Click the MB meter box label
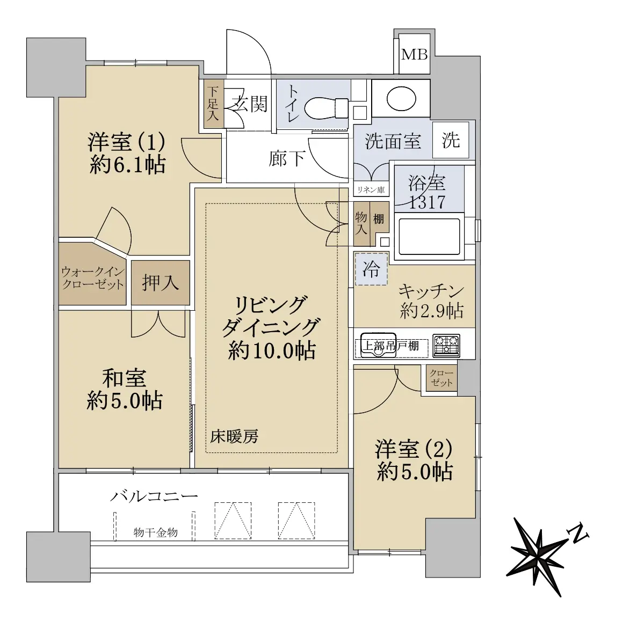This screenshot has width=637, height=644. (x=415, y=54)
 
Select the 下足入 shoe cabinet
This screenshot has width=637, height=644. (x=214, y=103)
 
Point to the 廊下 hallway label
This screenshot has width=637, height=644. (x=287, y=158)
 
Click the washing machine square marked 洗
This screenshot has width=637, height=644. (x=450, y=140)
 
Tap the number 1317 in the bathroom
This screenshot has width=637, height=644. (x=427, y=202)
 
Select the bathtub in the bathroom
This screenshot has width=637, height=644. (x=429, y=237)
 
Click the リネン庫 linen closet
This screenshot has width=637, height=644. (x=371, y=190)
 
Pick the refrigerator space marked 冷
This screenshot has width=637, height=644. (x=371, y=269)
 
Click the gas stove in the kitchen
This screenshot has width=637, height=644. (x=446, y=345)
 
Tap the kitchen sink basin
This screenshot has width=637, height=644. (x=378, y=345)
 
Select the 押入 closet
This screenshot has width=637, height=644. (x=161, y=283)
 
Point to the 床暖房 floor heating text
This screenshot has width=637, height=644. (x=234, y=436)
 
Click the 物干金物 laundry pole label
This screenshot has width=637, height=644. (x=156, y=532)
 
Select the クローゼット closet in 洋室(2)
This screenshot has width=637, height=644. (x=441, y=378)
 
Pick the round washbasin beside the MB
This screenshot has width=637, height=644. (x=401, y=99)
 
